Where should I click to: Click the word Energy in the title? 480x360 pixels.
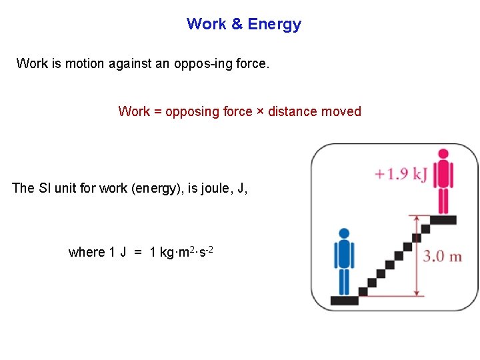coord(274,25)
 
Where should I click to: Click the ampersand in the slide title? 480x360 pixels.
coord(237,25)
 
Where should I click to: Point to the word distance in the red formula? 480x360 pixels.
coord(292,112)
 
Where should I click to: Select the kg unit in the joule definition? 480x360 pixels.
coord(167,253)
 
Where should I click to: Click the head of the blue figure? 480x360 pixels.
coord(344,233)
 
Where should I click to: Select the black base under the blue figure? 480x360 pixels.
coord(345,300)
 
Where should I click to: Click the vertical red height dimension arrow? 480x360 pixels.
coord(417,255)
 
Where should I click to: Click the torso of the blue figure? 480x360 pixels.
coord(344,255)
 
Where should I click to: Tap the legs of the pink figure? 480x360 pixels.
coord(442,201)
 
